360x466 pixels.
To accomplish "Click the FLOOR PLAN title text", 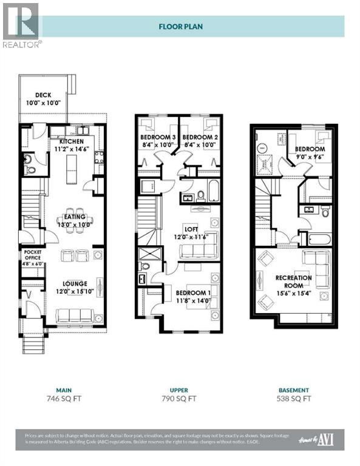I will pos(180,27).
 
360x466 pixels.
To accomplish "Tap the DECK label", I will pos(42,95).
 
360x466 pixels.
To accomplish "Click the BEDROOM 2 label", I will pos(199,137).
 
